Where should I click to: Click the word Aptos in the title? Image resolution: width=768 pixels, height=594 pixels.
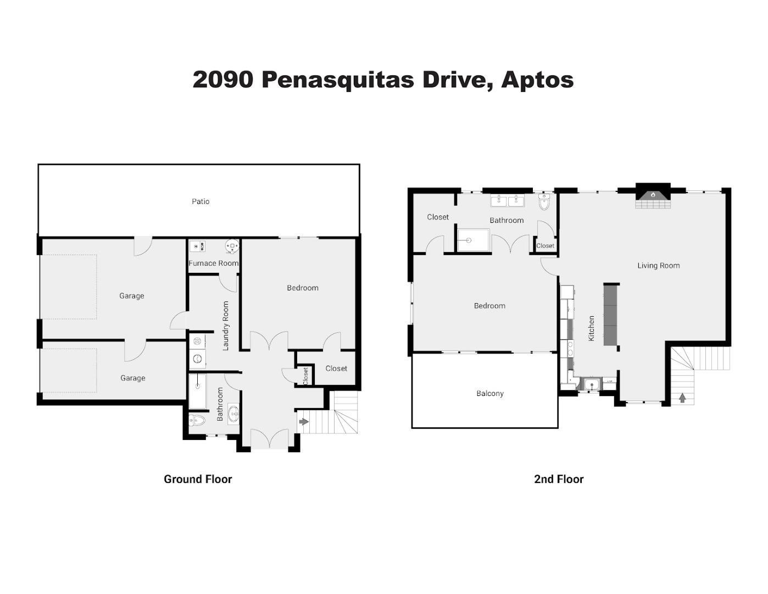coord(537,80)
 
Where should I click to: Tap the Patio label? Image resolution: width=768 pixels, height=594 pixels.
coord(201,202)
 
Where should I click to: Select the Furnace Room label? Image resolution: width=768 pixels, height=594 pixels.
coord(214,263)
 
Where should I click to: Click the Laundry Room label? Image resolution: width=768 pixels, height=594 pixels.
coord(225,326)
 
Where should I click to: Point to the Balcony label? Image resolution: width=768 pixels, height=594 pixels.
coord(490,393)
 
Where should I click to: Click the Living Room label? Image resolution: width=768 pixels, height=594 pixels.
coord(659,266)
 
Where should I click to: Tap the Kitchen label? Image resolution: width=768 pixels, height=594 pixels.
coord(591,328)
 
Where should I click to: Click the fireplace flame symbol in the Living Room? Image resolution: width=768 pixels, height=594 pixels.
coord(654,195)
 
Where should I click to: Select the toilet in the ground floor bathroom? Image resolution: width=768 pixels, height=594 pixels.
coord(197,421)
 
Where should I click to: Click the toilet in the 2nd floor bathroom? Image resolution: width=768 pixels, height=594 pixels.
coord(544,202)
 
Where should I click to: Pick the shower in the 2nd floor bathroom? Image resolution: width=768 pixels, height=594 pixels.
coord(473,240)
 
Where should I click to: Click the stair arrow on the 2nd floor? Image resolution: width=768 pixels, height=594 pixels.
coord(682,398)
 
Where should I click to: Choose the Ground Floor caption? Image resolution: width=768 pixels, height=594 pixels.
coord(198,480)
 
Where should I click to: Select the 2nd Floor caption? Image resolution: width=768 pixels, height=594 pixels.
coord(559,480)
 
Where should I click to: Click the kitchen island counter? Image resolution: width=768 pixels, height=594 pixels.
coord(611,315)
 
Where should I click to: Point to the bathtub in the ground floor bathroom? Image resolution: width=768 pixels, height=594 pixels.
coord(197,391)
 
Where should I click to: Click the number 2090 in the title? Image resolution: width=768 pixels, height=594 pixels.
coord(223,80)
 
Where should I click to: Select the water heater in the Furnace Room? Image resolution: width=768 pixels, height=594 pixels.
coord(231,246)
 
